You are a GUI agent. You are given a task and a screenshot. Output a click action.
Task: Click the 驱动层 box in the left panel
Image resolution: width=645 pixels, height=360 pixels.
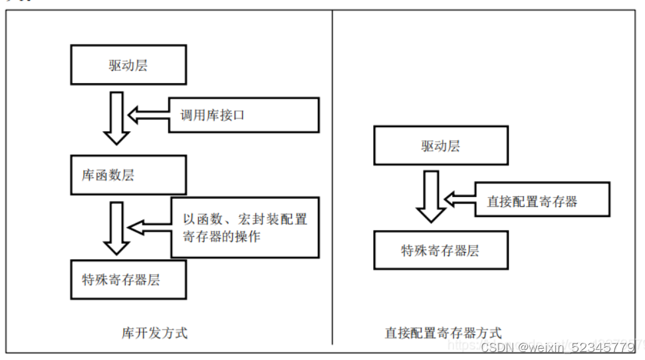point(128,65)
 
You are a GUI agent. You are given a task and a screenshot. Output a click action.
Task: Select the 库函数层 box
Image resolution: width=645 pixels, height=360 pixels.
point(128,176)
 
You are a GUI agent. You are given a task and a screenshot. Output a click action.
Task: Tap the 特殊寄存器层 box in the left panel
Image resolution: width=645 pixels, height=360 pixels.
point(128,279)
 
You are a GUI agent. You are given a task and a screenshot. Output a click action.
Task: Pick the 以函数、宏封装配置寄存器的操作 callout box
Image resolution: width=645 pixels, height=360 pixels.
point(245,228)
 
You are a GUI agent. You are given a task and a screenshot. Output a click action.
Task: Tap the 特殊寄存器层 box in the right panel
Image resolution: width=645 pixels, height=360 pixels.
point(440,251)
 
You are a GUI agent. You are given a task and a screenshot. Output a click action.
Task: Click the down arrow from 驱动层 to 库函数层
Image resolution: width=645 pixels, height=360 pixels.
point(117,118)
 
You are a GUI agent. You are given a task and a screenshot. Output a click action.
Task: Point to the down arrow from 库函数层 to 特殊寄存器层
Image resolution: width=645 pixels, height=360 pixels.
point(117,228)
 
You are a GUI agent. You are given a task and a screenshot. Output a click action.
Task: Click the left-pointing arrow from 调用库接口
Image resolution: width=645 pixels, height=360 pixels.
point(147,115)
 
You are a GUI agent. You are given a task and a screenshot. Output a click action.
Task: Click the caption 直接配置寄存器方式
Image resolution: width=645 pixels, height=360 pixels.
point(443,333)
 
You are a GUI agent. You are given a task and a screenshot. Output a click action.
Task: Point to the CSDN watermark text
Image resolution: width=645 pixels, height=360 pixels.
point(496,347)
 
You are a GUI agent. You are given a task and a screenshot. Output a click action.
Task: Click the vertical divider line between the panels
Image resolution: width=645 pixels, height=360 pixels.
point(332,180)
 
